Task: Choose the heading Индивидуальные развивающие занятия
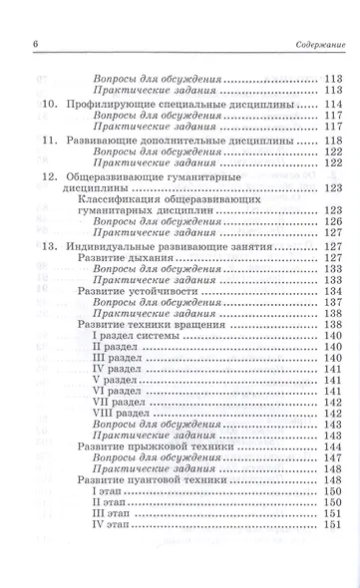point(172,245)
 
